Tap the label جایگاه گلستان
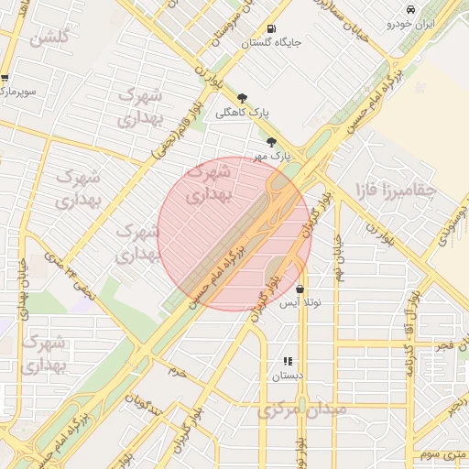[271, 42]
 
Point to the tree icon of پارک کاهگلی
[242, 98]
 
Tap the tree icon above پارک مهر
[271, 141]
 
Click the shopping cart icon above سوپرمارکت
[5, 79]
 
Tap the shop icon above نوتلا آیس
[300, 289]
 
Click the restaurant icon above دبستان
[288, 362]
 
